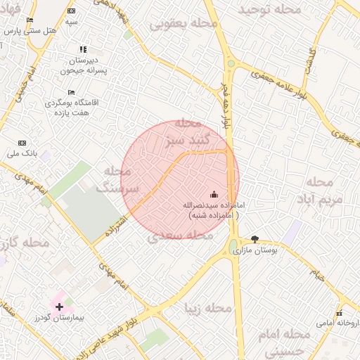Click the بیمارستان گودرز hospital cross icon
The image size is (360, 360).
59,307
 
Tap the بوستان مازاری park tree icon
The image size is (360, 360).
255,239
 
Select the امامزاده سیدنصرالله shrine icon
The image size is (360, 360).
214,194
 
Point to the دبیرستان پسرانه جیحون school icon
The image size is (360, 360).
83,49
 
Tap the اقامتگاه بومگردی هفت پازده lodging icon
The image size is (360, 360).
71,92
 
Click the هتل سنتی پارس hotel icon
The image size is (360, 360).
30,20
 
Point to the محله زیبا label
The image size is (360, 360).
208,308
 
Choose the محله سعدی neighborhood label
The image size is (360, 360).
181,236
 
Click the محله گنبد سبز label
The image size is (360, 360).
184,132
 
